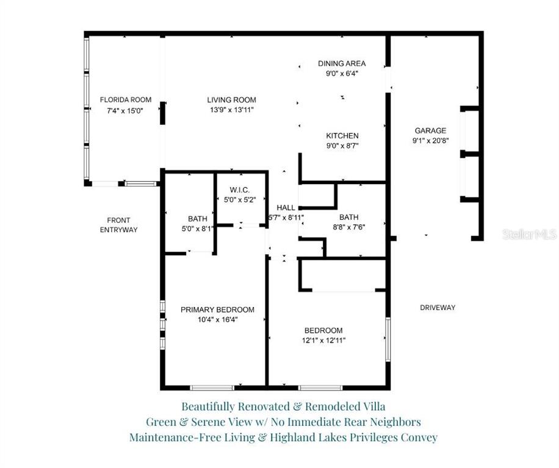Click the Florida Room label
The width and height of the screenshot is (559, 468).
(x=126, y=100)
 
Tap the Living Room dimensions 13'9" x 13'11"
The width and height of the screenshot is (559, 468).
(x=232, y=110)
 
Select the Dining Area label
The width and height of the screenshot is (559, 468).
(x=342, y=64)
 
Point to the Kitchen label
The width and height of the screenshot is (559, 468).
(x=342, y=136)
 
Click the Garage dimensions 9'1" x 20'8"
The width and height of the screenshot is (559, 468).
(x=430, y=141)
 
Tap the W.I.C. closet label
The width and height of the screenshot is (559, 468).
(x=240, y=190)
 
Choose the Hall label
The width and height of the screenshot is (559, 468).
(x=286, y=207)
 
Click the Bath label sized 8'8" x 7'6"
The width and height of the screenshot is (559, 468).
(x=349, y=217)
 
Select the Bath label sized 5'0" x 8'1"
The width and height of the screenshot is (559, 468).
(x=198, y=219)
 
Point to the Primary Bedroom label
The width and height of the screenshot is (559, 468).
(x=217, y=310)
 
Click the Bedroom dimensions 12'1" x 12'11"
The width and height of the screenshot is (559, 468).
(x=323, y=341)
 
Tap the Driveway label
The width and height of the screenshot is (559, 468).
(x=438, y=308)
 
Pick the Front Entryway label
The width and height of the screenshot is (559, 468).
(x=119, y=225)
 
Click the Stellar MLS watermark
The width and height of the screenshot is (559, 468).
(x=529, y=234)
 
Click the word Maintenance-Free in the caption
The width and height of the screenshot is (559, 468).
(x=175, y=438)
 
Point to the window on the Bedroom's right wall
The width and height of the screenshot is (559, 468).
(x=388, y=340)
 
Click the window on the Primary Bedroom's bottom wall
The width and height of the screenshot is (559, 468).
(x=212, y=388)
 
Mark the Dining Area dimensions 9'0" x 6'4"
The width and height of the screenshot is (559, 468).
(x=342, y=74)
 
